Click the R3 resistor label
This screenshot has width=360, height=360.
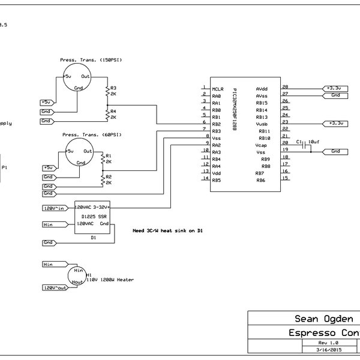[113, 89]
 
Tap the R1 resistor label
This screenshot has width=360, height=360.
[108, 155]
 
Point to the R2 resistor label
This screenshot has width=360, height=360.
[108, 177]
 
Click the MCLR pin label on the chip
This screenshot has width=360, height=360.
[217, 89]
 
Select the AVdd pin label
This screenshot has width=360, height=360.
[261, 89]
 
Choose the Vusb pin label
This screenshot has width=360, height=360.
[262, 124]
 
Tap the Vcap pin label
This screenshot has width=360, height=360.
[261, 145]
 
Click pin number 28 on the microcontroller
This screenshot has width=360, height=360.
[284, 87]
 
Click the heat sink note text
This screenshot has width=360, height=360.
[167, 230]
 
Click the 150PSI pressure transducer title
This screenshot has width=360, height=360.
[91, 60]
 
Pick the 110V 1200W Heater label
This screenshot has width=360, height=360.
[109, 280]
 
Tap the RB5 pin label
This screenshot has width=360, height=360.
[217, 180]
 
